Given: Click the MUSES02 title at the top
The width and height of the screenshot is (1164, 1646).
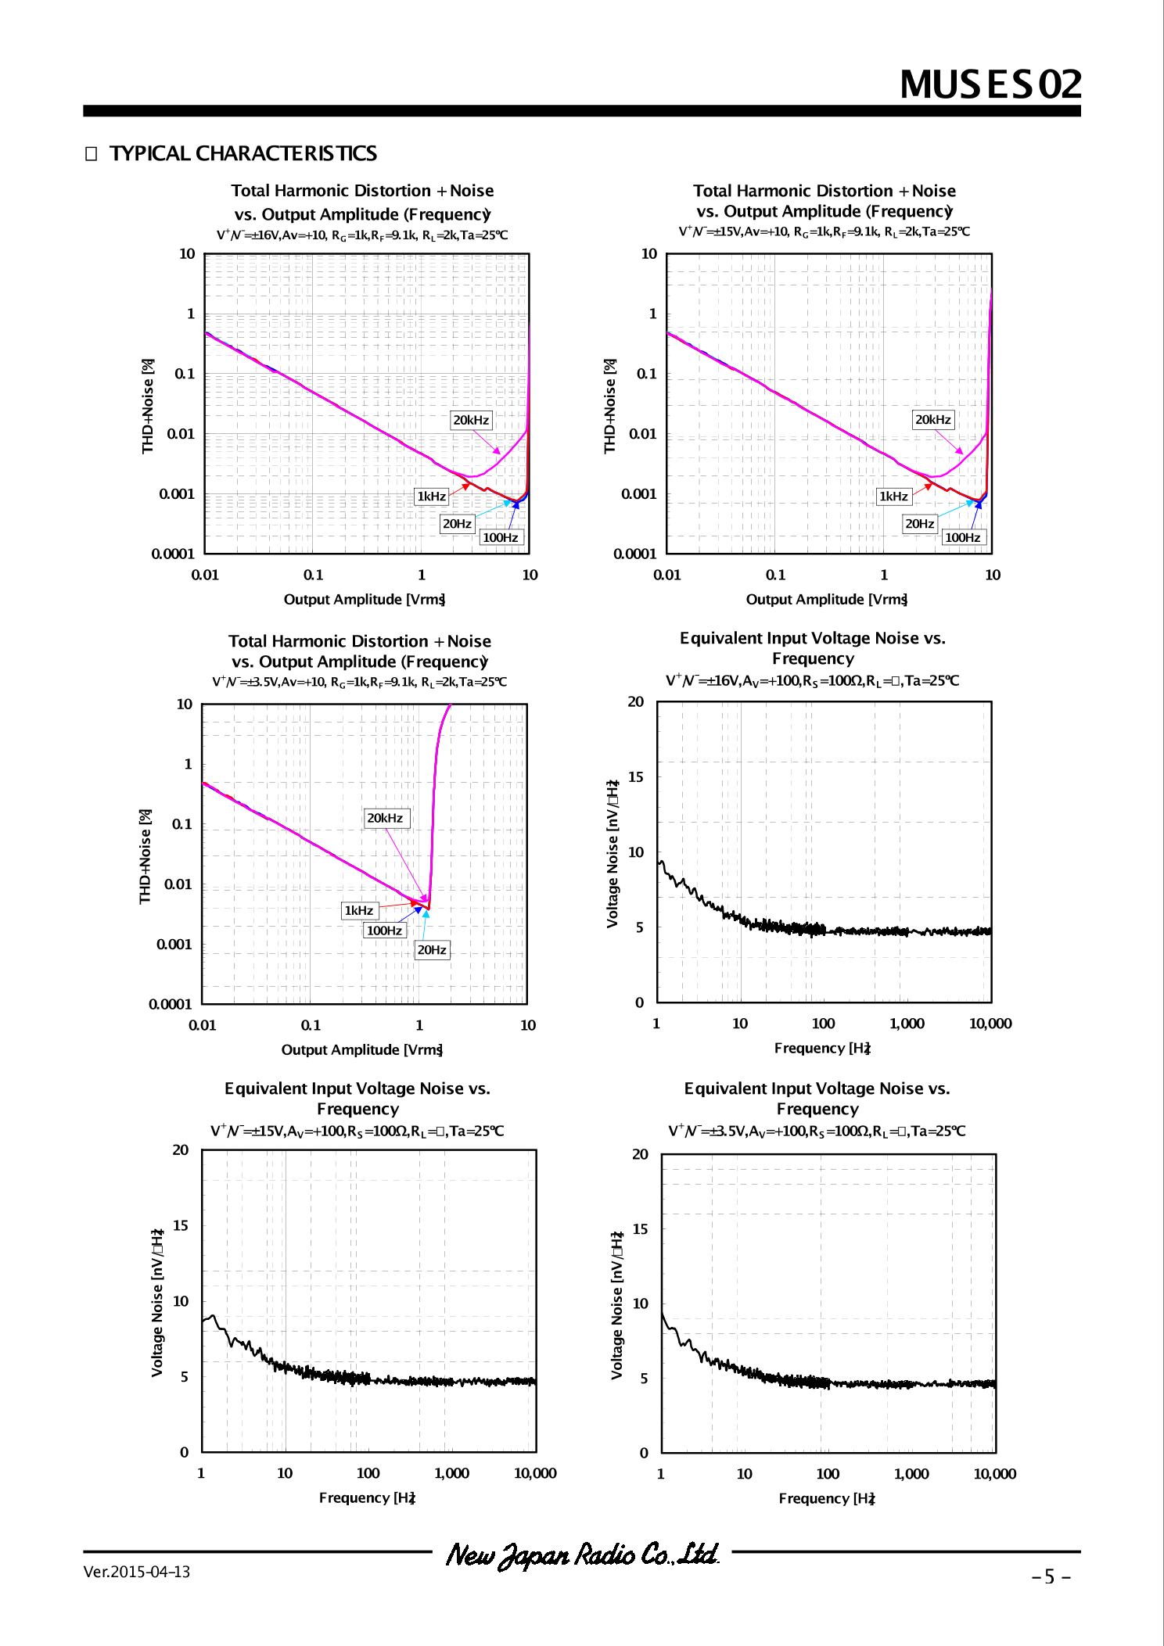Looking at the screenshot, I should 990,84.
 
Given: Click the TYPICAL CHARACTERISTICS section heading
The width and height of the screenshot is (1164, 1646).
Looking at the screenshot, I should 242,153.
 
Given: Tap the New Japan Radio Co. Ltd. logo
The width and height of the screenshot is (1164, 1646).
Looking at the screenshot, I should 582,1555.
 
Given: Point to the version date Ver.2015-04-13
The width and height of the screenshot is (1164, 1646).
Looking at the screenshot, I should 137,1572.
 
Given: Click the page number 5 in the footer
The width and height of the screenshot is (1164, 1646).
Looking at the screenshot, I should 1050,1576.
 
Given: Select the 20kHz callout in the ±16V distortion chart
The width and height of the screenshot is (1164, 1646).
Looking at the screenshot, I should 471,420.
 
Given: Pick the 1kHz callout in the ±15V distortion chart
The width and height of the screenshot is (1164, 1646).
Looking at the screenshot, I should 893,497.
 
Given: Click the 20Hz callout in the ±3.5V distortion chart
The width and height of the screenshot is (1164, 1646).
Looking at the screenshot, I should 432,950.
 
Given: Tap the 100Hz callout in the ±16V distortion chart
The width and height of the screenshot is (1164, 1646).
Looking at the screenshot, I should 501,537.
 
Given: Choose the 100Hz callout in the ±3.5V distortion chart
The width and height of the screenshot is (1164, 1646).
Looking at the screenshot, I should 384,931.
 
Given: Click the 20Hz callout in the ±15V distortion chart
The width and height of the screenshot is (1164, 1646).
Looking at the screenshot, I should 919,524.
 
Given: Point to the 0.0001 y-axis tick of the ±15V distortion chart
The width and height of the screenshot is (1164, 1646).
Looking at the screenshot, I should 634,554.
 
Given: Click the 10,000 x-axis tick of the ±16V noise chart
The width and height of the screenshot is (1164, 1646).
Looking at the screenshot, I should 990,1024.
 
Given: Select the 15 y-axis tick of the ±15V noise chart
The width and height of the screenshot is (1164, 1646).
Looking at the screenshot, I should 181,1225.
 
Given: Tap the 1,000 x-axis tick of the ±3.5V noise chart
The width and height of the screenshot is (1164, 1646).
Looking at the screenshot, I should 911,1474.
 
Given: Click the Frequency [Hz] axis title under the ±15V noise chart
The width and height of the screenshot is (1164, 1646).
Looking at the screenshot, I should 367,1497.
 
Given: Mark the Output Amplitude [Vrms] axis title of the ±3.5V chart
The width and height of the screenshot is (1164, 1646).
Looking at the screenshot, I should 362,1049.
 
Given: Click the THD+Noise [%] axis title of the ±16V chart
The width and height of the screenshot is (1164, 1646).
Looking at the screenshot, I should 148,406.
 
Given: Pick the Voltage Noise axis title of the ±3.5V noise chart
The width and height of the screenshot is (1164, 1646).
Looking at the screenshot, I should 617,1306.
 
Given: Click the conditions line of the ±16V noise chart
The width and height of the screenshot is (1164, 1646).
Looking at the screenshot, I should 812,680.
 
